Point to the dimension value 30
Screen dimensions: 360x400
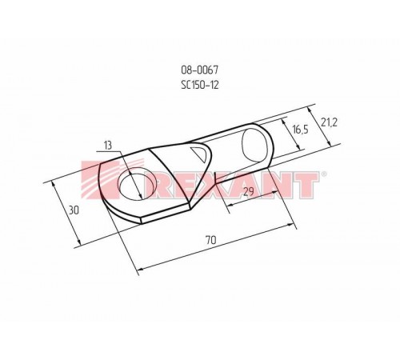[x=74, y=210]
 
